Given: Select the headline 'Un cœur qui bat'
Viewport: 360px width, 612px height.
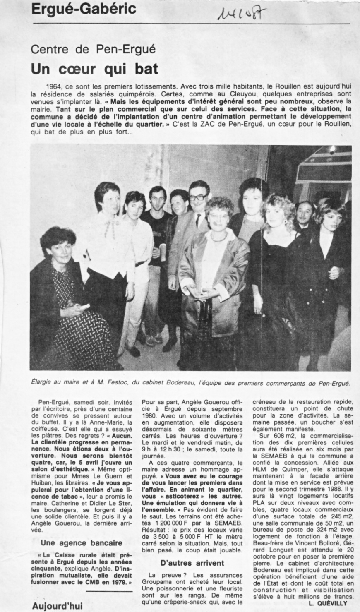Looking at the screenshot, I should click(x=95, y=69).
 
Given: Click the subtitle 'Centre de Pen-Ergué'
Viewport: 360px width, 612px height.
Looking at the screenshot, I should click(x=94, y=50).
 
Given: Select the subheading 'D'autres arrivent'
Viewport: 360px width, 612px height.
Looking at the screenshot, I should click(x=192, y=563).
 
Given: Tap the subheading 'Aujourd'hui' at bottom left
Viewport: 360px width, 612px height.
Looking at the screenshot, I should click(x=58, y=606).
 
